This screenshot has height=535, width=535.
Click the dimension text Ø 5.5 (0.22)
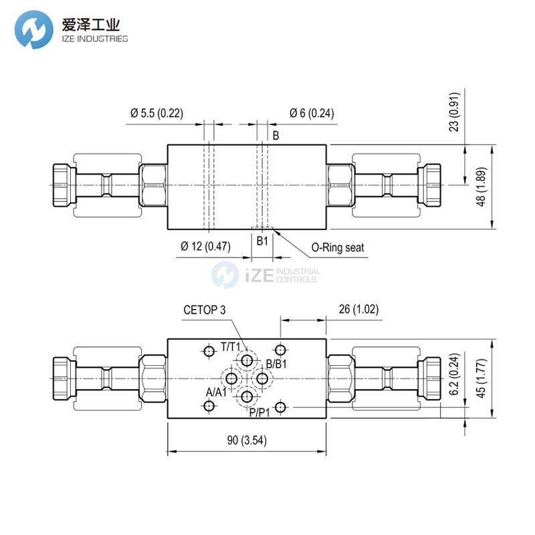(x=156, y=113)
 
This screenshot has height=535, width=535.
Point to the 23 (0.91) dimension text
(x=454, y=112)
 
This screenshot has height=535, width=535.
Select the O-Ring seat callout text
(x=338, y=247)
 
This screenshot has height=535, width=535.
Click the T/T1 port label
(x=231, y=347)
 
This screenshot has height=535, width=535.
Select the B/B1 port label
(x=276, y=364)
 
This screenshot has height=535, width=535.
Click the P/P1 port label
(x=260, y=413)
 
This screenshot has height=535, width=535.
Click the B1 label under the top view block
(x=262, y=239)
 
